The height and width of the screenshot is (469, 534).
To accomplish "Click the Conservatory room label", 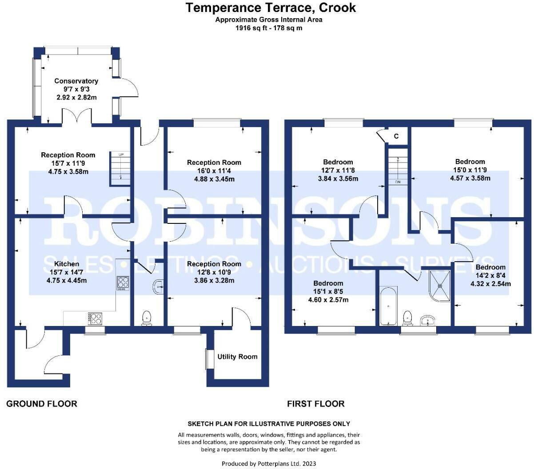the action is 76,81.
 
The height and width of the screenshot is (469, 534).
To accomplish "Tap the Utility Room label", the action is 237,357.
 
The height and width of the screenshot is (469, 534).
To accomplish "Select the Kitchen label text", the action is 67,264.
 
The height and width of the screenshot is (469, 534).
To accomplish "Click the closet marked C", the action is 396,136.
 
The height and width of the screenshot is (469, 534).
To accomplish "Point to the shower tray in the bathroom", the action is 440,286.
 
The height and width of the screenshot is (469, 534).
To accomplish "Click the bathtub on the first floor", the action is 388,306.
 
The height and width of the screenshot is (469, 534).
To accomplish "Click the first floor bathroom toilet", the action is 407,318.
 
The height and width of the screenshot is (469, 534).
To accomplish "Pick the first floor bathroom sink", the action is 427,320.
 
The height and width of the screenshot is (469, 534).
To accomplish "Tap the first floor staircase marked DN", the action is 398,166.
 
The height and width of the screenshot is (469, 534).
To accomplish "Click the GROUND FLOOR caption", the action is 42,404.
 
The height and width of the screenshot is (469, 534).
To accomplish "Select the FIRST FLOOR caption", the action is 316,404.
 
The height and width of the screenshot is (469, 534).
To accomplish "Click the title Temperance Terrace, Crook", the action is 271,8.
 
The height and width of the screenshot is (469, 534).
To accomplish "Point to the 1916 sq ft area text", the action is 269,28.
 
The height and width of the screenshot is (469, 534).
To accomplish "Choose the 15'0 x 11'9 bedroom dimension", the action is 470,170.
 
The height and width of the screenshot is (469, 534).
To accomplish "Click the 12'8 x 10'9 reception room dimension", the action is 214,272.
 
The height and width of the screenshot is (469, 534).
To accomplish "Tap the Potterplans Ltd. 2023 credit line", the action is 269,464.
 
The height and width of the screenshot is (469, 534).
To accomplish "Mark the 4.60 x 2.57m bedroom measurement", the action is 328,300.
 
